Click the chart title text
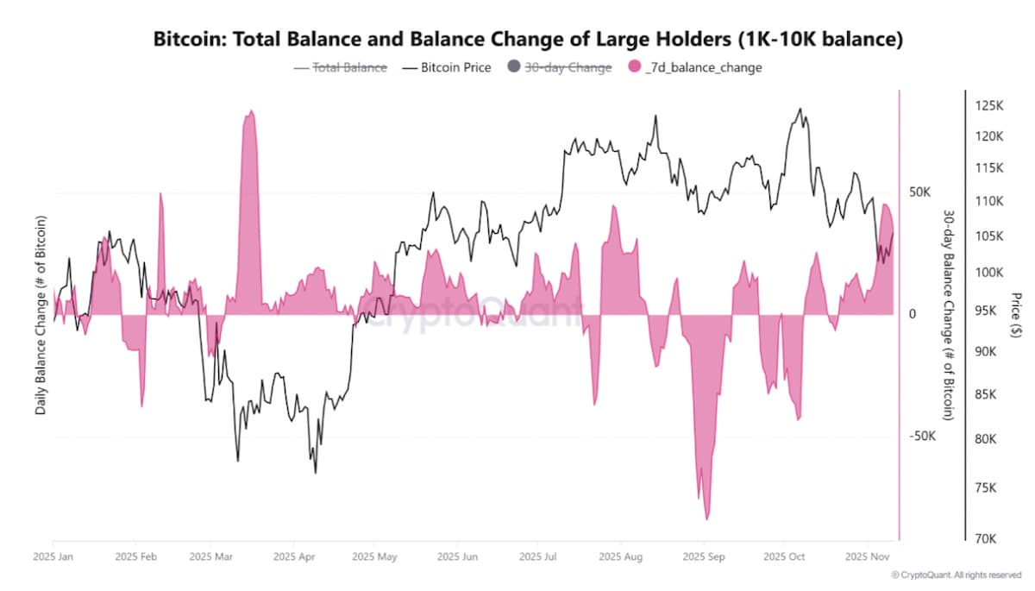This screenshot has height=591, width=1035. click(527, 39)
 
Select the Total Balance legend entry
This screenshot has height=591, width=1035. click(341, 66)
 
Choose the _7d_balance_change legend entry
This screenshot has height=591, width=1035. click(695, 66)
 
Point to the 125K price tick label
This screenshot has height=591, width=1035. click(989, 105)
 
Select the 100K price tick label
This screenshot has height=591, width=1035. click(989, 272)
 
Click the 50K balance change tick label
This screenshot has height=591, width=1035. click(919, 191)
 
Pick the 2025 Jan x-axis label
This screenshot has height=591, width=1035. click(54, 557)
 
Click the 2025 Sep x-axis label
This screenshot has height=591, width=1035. click(704, 557)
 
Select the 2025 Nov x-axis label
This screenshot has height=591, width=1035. click(867, 557)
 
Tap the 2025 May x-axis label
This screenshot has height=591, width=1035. click(376, 557)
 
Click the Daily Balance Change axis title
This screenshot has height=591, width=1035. click(41, 314)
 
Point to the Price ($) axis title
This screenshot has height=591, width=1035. click(1019, 314)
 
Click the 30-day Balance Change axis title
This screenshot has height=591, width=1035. click(948, 314)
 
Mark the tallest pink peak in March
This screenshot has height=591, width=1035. click(250, 112)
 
